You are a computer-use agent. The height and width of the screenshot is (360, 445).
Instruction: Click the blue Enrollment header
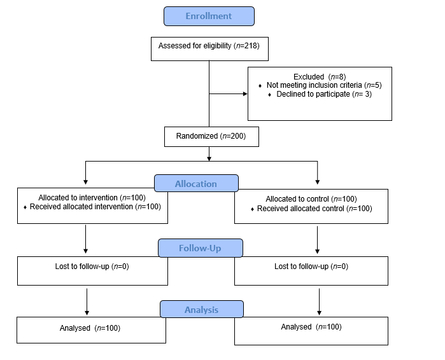point(209,16)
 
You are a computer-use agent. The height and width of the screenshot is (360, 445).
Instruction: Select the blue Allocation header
point(196,184)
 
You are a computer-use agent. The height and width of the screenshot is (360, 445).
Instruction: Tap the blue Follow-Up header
point(201,247)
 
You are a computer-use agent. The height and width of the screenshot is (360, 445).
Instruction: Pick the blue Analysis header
point(201,310)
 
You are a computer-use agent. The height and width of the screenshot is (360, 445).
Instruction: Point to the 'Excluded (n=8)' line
point(320,76)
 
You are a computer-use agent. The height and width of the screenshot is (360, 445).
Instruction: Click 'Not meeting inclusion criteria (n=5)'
point(324,85)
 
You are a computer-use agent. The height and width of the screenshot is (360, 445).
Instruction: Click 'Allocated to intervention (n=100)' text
point(92,198)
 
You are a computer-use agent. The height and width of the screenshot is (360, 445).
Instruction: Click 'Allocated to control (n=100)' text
point(311,199)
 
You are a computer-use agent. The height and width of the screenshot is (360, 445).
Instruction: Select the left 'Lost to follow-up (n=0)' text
point(92,267)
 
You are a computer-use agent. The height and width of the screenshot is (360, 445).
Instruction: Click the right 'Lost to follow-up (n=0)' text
point(311,267)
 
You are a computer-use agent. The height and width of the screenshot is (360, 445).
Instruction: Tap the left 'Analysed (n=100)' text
point(90,328)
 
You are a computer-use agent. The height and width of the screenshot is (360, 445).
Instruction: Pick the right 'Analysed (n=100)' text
point(311,327)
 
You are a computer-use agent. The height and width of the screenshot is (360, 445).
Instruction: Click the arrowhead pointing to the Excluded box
point(244,94)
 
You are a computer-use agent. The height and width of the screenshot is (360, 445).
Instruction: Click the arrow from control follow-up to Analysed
point(318,300)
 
